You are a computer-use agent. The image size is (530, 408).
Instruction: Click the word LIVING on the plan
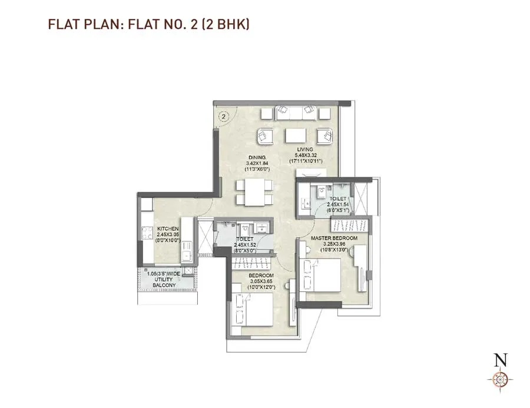(x=304, y=150)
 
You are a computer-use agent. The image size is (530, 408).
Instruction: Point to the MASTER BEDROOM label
(x=334, y=238)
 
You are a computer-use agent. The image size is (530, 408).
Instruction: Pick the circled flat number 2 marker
(x=223, y=116)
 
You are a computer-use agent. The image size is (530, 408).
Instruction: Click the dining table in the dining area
(x=254, y=192)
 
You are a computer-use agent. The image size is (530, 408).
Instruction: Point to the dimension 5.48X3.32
(x=304, y=155)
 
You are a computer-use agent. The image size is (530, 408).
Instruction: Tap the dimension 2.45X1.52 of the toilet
(x=244, y=244)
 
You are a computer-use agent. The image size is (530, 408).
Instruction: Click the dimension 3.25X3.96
(x=334, y=243)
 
